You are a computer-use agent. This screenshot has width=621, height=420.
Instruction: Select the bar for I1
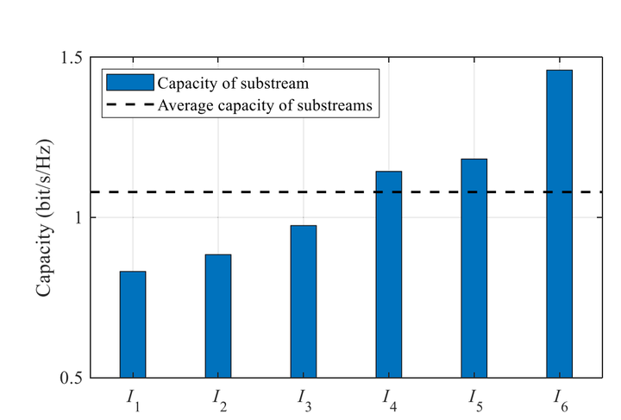[x=133, y=324]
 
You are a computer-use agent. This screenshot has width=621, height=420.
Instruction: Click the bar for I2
[x=218, y=316]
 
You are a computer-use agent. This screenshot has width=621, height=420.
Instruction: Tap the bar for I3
[x=304, y=301]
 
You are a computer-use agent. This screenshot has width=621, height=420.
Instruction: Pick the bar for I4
[x=388, y=274]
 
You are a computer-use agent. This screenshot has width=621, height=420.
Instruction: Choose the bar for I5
[x=474, y=268]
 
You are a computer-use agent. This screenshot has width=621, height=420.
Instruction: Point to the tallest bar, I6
[x=559, y=223]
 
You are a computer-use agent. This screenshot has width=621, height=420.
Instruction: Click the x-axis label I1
[x=134, y=399]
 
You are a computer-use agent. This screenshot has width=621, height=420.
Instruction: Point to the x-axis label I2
[x=219, y=399]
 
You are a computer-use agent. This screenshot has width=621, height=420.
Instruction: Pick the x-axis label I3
[x=304, y=399]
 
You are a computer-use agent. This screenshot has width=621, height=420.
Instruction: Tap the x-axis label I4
[x=389, y=399]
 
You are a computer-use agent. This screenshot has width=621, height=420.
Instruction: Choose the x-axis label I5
[x=474, y=399]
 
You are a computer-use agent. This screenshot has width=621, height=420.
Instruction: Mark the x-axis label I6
[x=560, y=399]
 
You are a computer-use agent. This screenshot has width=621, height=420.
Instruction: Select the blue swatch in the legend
[x=129, y=83]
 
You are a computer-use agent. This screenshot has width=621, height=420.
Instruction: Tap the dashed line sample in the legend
[x=129, y=105]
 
